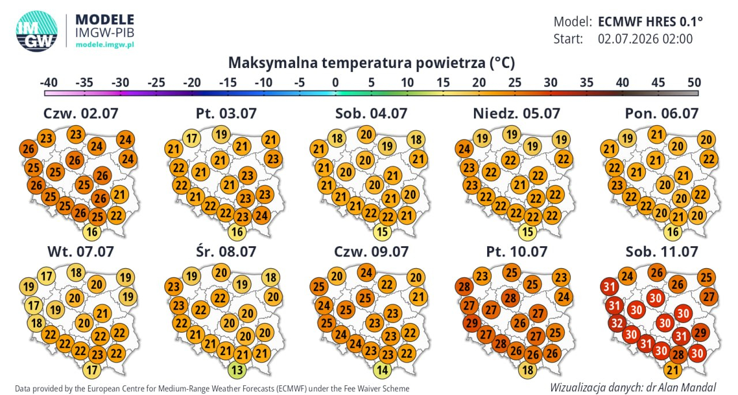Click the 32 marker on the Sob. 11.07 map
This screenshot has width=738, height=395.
point(617,323)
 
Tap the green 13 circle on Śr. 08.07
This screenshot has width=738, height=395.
point(237,370)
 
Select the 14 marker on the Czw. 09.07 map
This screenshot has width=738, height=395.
point(382,370)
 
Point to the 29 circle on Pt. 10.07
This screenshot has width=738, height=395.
point(472,323)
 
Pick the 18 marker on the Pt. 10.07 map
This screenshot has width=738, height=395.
point(528,370)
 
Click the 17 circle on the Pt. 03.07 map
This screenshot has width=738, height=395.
point(192,138)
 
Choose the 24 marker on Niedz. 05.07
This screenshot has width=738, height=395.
point(464,149)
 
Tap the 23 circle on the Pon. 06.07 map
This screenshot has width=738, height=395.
point(617,185)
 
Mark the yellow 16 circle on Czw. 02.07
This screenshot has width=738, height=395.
point(92,232)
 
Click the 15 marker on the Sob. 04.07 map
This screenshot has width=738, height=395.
point(382,232)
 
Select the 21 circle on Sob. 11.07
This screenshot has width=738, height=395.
point(673,370)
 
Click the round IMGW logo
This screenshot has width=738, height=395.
point(36,31)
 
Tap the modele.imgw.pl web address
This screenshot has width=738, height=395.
point(105,45)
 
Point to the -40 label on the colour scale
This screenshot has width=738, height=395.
point(48,82)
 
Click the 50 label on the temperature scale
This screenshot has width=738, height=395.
point(694,82)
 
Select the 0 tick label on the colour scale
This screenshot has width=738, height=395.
point(336,82)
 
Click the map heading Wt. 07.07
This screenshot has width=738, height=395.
point(81,251)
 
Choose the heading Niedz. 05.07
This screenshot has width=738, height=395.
point(517,114)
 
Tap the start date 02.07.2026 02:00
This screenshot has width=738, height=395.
point(645,39)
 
